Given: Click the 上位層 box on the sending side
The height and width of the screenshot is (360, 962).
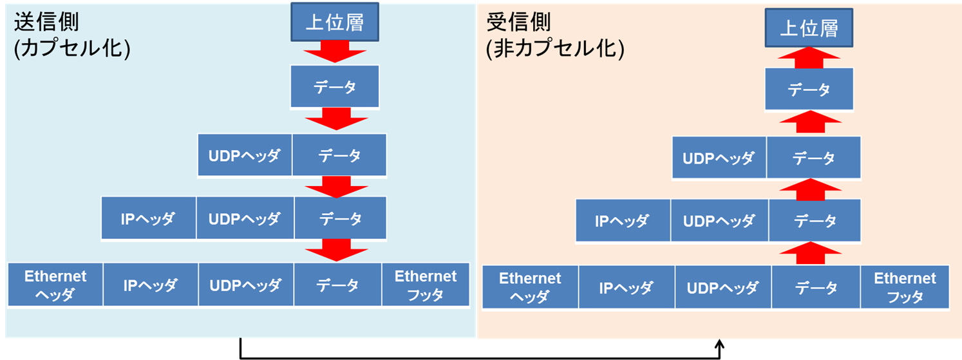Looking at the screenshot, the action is coord(335,22).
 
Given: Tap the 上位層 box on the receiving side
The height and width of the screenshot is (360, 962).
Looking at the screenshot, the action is coord(809,28).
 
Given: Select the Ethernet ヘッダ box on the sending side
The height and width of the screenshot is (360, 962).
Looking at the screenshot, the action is coord(55,285).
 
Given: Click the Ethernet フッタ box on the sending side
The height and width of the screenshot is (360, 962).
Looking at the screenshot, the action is coord(426,285).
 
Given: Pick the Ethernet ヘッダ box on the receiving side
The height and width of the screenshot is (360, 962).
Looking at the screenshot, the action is coord(531,287).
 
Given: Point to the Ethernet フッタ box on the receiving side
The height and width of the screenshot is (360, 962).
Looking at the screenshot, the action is coord(905,287).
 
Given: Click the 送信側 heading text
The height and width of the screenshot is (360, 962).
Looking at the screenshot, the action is coord(46,22).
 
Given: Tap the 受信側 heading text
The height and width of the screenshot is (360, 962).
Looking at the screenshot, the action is coord(518,22).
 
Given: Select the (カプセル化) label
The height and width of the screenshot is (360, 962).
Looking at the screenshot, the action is coord(72,48).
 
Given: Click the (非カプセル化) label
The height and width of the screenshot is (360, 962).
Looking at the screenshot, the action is coord(555,48).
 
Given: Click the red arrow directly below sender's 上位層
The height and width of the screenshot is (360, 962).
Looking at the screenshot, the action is coord(335,52).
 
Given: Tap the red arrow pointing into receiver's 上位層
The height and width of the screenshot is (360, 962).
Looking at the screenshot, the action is coord(809,57).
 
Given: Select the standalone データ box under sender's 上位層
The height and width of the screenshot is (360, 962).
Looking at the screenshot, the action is coord(335,86).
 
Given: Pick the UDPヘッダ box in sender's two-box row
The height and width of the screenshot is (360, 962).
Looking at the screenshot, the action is coord(245,155).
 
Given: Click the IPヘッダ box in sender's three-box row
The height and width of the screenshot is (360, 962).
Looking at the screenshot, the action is coord(149,218).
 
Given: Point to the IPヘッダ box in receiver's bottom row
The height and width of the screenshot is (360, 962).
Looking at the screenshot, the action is coord(627,287).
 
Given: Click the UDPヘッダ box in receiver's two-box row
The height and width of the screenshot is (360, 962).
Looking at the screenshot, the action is coord(719,158).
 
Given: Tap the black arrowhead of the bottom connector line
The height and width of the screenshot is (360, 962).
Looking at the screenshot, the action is coord(719,344).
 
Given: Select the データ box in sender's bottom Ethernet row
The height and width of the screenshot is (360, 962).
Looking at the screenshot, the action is coord(337,285).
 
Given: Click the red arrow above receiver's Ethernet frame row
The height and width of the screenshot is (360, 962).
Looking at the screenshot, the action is coord(811,253).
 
